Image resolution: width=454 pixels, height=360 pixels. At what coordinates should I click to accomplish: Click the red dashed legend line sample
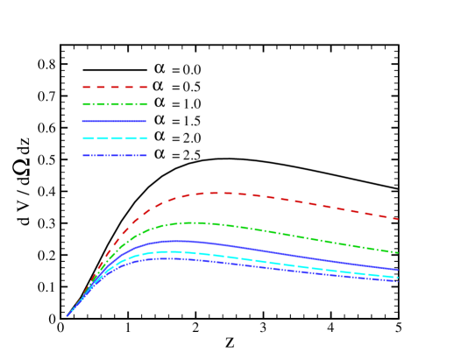[x=115, y=88]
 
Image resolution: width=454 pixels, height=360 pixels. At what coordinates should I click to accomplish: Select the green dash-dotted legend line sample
[x=115, y=104]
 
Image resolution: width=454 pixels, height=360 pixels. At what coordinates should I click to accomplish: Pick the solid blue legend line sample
[x=115, y=121]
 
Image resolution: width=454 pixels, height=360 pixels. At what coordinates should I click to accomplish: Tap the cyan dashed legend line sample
[x=115, y=138]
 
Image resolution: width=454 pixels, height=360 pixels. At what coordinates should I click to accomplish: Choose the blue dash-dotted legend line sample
[x=115, y=155]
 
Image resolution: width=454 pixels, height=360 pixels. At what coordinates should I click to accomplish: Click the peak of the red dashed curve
[x=219, y=193]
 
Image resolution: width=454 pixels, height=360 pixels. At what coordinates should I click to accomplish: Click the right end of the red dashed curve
[x=398, y=219]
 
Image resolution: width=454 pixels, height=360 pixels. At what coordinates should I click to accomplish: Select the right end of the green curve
[x=398, y=252]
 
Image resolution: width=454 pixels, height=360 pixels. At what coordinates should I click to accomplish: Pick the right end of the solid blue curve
[x=398, y=270]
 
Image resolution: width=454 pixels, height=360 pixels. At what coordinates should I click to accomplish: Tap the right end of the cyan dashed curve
[x=398, y=277]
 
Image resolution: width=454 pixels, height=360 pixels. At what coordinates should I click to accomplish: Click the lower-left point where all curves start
[x=67, y=315]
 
